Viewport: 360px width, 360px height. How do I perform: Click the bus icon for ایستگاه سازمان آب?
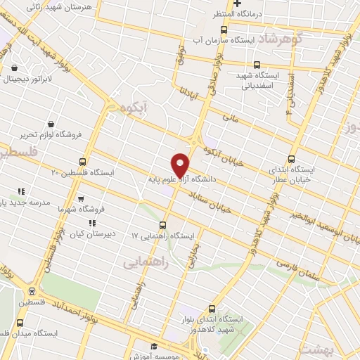224,30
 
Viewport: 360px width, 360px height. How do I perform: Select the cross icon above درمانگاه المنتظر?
238,4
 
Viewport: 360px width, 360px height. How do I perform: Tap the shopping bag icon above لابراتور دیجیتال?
15,68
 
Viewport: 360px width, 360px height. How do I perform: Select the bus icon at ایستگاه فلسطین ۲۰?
83,162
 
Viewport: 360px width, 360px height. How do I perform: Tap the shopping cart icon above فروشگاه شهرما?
80,199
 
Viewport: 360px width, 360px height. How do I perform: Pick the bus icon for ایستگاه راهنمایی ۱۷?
163,225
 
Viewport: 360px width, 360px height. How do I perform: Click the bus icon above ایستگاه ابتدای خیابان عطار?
292,159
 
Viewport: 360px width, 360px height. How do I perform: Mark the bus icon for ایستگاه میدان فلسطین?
18,320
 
